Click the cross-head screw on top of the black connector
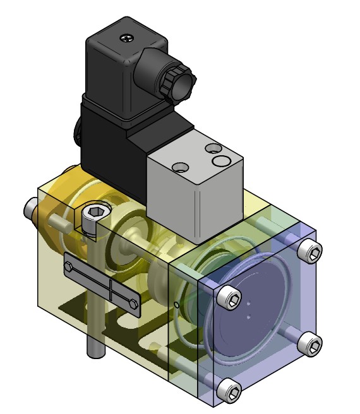pos(130,39)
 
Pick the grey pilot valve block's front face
pos(171,196)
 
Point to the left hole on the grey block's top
pos(181,167)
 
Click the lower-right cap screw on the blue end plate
pos(311,345)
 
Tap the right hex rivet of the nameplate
pos(133,305)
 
